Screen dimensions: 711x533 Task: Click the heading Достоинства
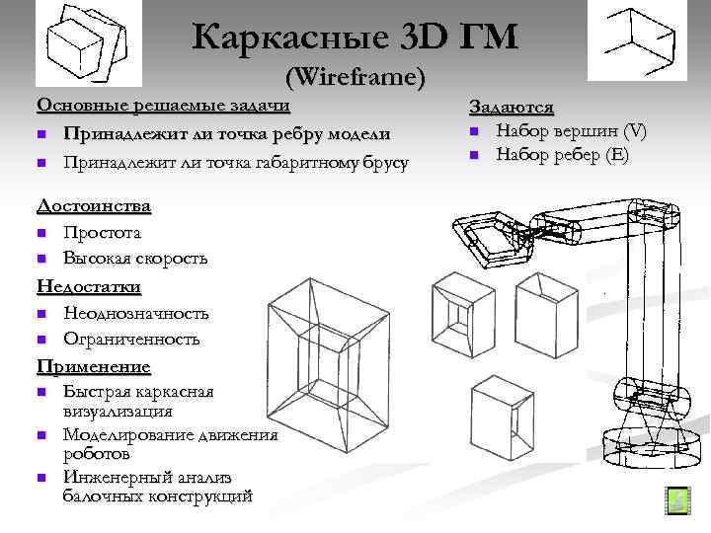94,206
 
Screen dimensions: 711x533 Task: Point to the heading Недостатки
89,286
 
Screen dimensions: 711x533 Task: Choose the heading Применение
94,366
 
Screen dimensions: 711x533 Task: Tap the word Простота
102,233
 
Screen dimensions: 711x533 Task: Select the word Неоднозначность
136,313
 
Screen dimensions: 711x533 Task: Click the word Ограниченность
131,339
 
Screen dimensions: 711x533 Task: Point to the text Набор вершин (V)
571,131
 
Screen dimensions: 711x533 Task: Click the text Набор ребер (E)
562,155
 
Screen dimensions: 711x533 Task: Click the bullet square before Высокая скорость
42,260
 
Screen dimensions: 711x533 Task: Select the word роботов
97,455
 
